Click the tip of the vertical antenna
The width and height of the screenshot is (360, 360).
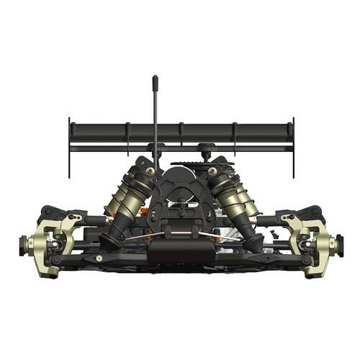point(155,77)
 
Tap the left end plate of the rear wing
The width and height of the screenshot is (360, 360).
point(70,148)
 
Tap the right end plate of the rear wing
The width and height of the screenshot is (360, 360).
point(294,148)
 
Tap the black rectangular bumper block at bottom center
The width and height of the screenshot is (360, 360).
point(181,252)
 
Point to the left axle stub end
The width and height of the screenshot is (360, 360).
point(21,246)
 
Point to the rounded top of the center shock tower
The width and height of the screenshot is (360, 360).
point(181,173)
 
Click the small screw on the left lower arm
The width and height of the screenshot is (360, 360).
point(98,258)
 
